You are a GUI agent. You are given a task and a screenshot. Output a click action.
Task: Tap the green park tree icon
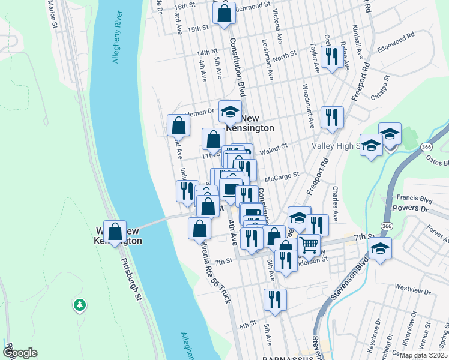[x=79, y=305]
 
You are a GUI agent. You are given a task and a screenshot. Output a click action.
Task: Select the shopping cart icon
[x=309, y=244]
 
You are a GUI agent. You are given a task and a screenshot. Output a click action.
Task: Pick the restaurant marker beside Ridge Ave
[x=331, y=56]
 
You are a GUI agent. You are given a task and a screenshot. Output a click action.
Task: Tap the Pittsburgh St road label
[x=130, y=280]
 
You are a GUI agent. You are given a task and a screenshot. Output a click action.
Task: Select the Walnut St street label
[x=275, y=145]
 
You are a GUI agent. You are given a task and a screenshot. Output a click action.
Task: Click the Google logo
[x=20, y=352]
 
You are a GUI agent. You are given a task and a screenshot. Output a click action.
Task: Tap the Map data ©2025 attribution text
[x=423, y=355]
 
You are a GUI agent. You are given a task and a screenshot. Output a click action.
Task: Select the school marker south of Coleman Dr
[x=229, y=111]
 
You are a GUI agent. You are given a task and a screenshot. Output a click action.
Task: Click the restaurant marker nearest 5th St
[x=275, y=299]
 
